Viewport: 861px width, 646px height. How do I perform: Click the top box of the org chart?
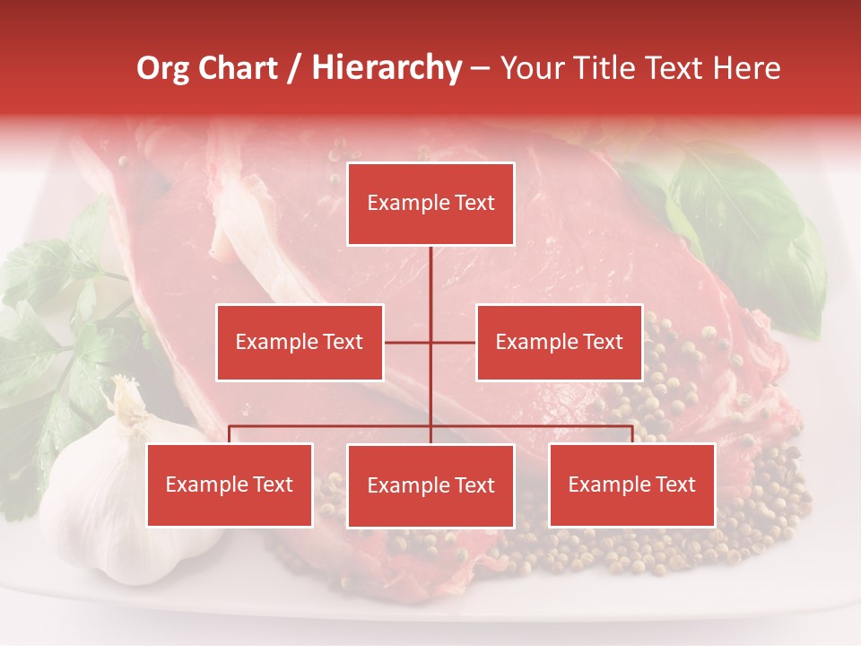(430, 204)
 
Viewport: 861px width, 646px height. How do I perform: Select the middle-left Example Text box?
(300, 342)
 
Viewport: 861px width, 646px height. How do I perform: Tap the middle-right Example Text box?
(559, 342)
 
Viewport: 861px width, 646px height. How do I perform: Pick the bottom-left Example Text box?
(230, 484)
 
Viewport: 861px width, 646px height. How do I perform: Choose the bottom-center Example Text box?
(430, 485)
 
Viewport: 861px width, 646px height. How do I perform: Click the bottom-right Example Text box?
(631, 484)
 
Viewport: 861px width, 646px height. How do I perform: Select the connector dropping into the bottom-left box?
(230, 434)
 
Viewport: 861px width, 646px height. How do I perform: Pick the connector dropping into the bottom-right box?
(631, 434)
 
